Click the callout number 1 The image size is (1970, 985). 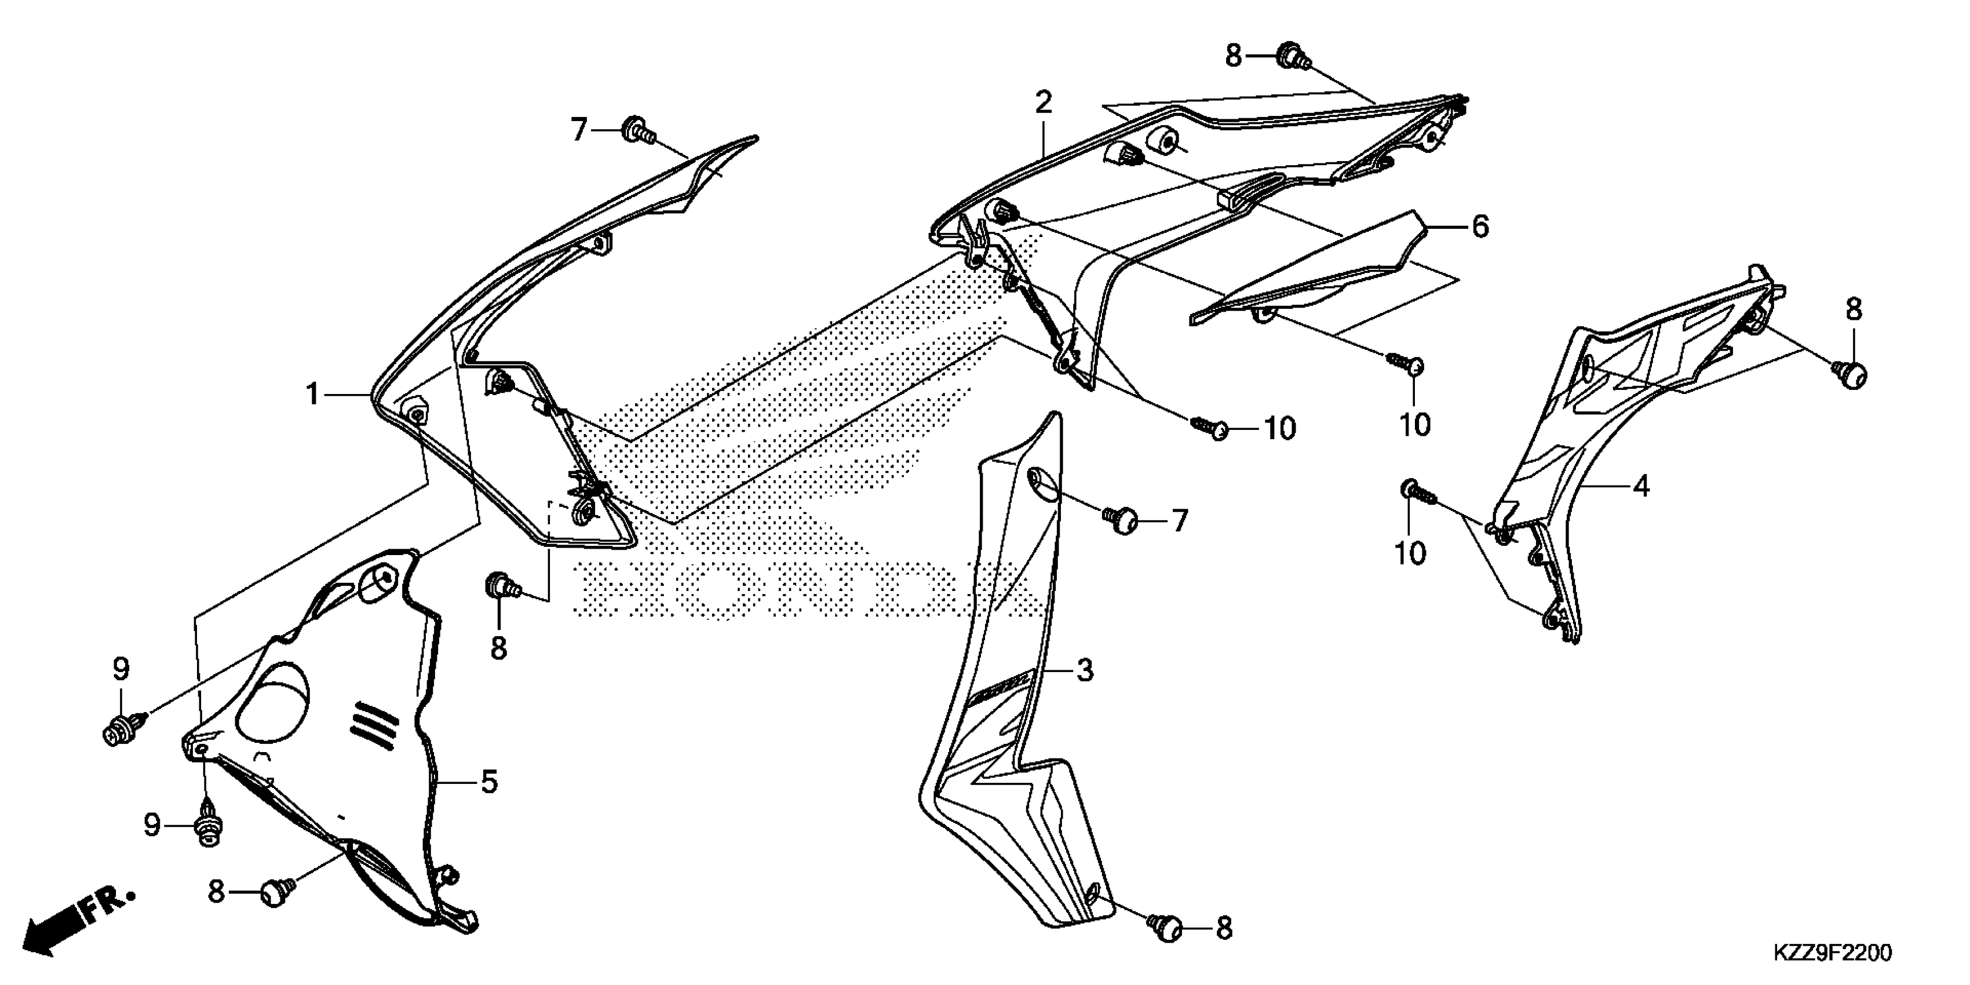pyautogui.click(x=312, y=395)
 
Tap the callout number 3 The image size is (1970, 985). pyautogui.click(x=1085, y=671)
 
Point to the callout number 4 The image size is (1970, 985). pyautogui.click(x=1641, y=486)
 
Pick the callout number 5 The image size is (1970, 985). pyautogui.click(x=488, y=782)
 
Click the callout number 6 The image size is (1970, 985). pyautogui.click(x=1480, y=227)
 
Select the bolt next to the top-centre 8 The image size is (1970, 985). pyautogui.click(x=1292, y=55)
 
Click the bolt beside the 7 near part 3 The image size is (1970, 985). pyautogui.click(x=1121, y=521)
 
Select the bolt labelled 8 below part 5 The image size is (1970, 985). pyautogui.click(x=277, y=892)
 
